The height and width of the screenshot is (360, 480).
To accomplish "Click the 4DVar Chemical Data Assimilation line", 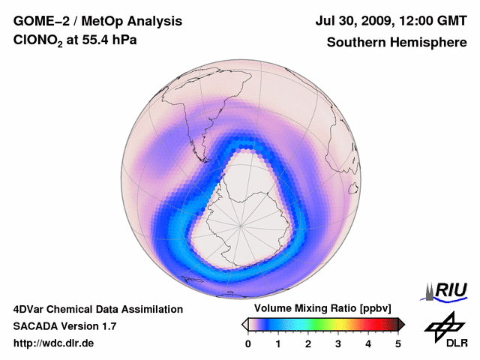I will tap(98, 309).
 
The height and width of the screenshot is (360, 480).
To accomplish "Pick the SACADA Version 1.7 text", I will tap(64, 326).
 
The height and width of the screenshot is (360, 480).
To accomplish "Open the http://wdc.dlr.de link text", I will tap(54, 343).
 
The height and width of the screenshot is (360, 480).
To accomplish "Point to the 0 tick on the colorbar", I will tap(248, 343).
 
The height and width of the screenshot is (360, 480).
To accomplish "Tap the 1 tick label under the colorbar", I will tap(278, 343).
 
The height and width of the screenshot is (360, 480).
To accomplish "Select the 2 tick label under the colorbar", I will tap(308, 343).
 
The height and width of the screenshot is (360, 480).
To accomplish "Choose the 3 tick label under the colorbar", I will tap(338, 343).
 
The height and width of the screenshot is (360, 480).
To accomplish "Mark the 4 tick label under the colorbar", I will tap(368, 343).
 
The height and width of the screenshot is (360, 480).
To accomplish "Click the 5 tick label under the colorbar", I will tap(398, 343).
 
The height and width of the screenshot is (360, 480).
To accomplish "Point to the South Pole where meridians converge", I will tap(241, 225).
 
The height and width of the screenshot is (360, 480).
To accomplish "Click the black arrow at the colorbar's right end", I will tap(401, 324).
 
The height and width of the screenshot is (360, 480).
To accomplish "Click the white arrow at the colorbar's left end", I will tap(245, 324).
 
